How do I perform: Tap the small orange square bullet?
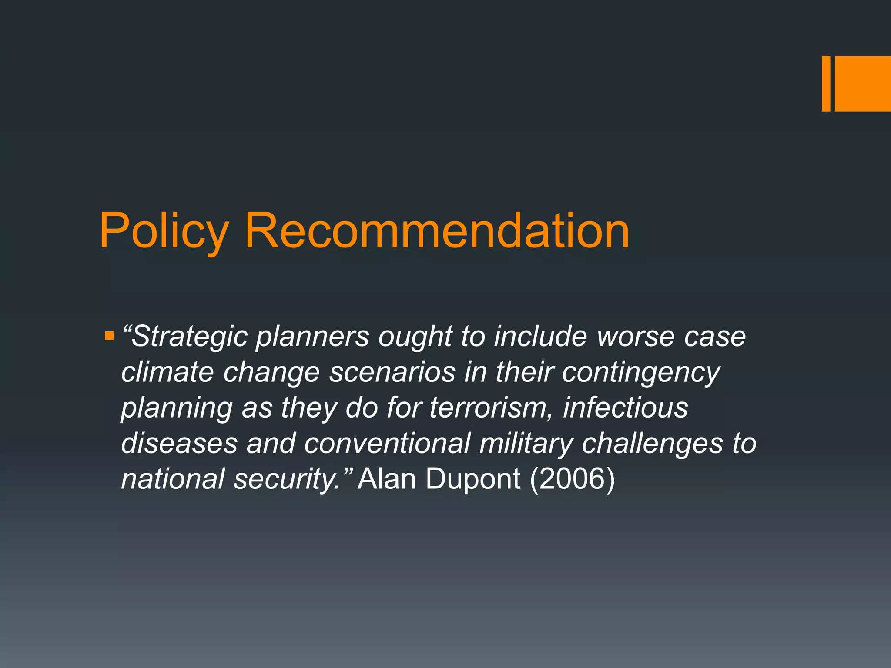(109, 336)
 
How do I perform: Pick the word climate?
(167, 373)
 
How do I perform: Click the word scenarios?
(392, 373)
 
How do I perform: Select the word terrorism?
(492, 408)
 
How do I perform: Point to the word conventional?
(387, 444)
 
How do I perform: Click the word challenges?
(652, 444)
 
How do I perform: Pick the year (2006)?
(572, 479)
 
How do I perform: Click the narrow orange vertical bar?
(826, 83)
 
